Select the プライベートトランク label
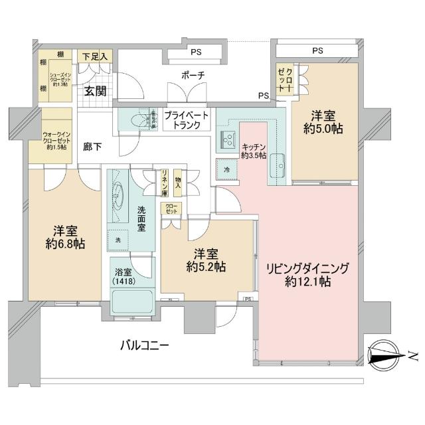pyautogui.click(x=186, y=120)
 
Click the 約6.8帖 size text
pyautogui.click(x=65, y=244)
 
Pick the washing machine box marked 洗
pyautogui.click(x=118, y=239)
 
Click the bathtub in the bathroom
pyautogui.click(x=132, y=304)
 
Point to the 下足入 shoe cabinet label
pyautogui.click(x=95, y=57)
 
